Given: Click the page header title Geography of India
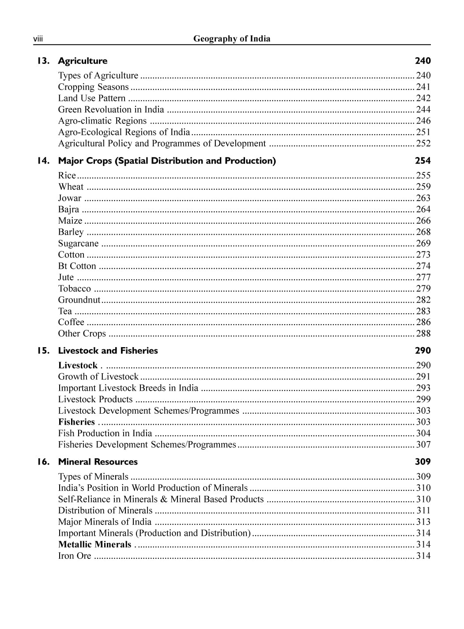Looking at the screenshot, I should [231, 39].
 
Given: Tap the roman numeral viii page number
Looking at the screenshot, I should [38, 40].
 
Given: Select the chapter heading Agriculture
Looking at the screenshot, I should [83, 61].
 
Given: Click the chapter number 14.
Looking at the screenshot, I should [43, 161].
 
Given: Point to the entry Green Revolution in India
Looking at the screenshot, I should [111, 109].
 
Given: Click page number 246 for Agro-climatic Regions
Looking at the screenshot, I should [423, 121].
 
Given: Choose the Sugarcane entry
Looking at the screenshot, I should [78, 243].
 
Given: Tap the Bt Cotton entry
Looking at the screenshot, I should [77, 266].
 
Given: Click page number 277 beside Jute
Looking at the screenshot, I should [423, 277].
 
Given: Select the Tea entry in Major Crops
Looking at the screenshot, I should [65, 311].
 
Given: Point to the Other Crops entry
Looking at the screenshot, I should [82, 334].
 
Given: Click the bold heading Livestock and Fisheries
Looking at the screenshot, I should [108, 351].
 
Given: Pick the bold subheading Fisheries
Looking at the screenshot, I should [76, 422].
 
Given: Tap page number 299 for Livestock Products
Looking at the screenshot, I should [423, 399].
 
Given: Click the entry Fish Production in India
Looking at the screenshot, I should [105, 434].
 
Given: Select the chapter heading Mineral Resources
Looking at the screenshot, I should [98, 462].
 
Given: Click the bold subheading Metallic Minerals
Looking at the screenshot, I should [94, 545].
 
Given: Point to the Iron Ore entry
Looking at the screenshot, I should [75, 556].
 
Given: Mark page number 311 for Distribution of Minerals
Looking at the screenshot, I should [423, 511].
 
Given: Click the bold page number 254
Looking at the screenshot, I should [423, 161].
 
